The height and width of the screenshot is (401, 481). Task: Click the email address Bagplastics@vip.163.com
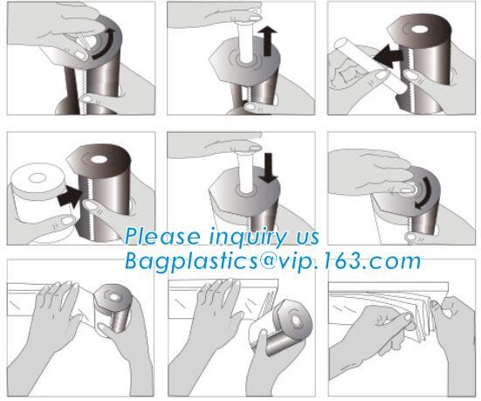click(272, 260)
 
